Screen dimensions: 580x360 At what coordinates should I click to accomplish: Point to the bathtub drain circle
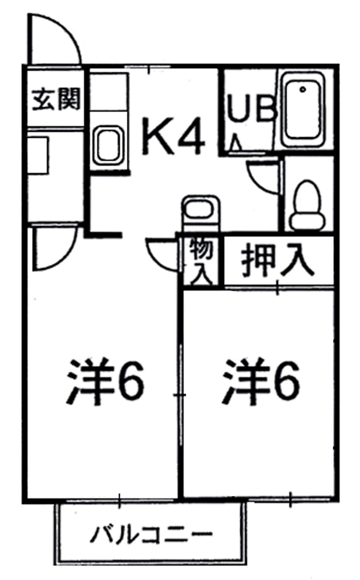[303, 89]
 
